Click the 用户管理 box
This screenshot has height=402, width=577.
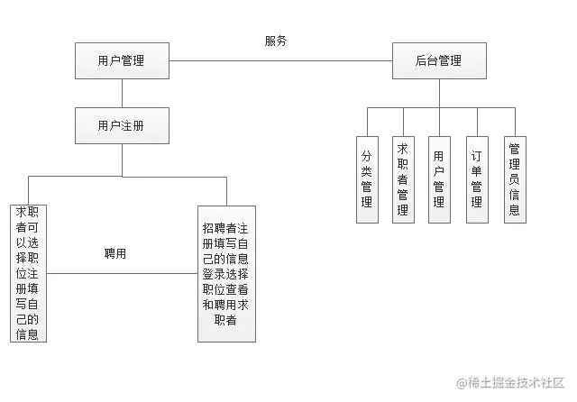click(122, 61)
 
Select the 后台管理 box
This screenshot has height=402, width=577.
click(439, 61)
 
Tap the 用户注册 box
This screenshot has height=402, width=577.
click(122, 125)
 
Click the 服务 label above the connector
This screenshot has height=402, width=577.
click(276, 41)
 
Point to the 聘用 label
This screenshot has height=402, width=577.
click(115, 254)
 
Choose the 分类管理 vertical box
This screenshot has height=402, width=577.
click(367, 178)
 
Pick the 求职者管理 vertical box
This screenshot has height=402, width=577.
click(403, 178)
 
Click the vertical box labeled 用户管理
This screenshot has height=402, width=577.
click(439, 178)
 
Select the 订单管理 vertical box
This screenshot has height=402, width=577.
click(476, 178)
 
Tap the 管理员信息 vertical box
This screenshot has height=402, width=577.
click(514, 178)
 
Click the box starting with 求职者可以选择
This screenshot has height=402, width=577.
click(27, 273)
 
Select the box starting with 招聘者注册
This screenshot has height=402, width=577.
click(226, 273)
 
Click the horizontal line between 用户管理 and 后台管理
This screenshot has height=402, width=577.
click(279, 61)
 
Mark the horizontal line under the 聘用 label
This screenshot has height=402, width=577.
click(122, 272)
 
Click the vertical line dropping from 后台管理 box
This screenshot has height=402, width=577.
click(439, 93)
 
